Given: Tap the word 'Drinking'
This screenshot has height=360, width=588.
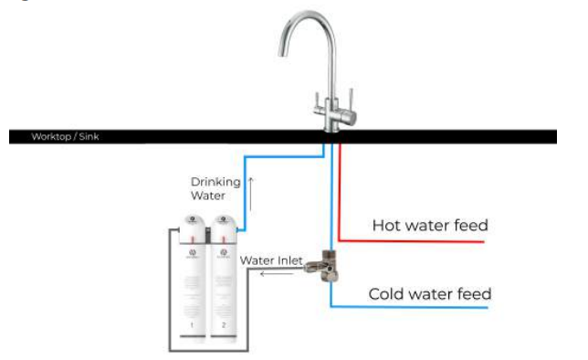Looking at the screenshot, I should click(x=215, y=182).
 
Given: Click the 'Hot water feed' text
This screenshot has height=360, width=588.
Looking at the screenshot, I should click(x=430, y=225).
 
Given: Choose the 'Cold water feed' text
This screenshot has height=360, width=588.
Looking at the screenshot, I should click(x=429, y=294).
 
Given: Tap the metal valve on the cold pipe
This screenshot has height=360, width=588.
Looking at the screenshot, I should click(x=326, y=266).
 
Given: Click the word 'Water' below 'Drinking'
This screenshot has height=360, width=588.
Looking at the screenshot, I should click(x=208, y=196).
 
